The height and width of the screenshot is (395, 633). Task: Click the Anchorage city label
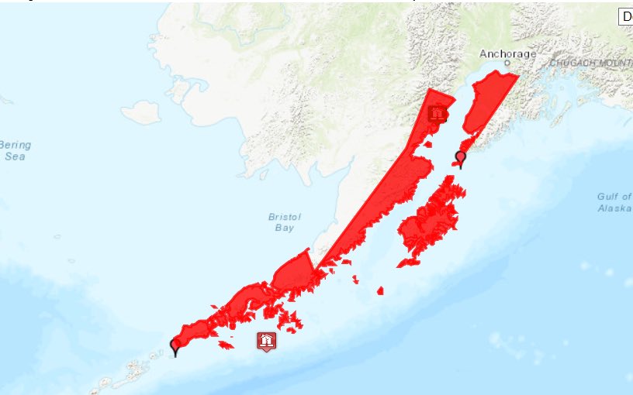coord(507,53)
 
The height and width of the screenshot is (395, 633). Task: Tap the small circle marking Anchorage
coord(507,63)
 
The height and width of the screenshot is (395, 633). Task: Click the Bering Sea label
coord(14,150)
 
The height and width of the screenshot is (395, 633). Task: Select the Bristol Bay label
coord(284,222)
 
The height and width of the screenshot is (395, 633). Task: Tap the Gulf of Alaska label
coord(614,203)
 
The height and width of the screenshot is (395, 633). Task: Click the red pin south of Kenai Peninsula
coord(461,159)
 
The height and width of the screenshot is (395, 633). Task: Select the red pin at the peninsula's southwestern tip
coord(175,346)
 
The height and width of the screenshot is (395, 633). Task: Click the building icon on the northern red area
coord(438,114)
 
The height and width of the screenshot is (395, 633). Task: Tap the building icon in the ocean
coord(266,341)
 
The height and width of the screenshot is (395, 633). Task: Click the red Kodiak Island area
coord(431,221)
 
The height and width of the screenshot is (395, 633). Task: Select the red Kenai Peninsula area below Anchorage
coord(486,101)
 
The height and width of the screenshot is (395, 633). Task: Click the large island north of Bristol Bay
coord(141,112)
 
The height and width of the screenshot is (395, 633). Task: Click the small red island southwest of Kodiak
coord(380,291)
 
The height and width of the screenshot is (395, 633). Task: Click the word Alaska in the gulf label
coord(614,208)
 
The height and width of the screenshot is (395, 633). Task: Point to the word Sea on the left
coord(14,156)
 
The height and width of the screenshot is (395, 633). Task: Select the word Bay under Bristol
coord(284,228)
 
